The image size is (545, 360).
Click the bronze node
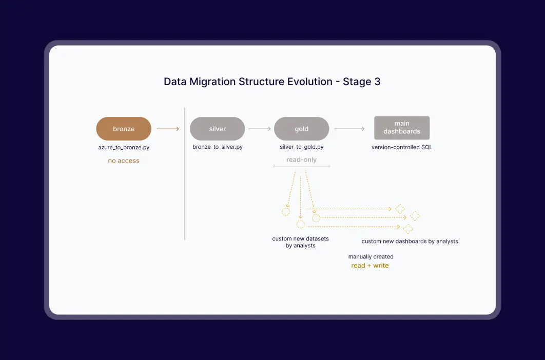[124, 129]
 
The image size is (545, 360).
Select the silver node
[217, 129]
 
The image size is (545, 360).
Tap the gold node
[301, 129]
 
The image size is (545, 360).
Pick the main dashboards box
[402, 128]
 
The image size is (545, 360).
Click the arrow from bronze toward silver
[168, 129]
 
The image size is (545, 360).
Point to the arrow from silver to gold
[260, 129]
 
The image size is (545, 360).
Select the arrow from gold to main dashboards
[349, 129]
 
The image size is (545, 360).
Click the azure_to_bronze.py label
[124, 147]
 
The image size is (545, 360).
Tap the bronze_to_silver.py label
[218, 147]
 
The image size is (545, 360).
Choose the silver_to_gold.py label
[302, 147]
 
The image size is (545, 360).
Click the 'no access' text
[124, 161]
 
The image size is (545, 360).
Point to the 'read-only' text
[302, 159]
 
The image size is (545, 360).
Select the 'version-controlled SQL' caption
[402, 147]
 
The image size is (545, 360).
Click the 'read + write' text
[370, 265]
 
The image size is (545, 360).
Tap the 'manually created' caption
[371, 256]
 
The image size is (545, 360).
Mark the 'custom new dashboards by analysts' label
[410, 241]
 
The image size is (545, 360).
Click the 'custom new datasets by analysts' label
[301, 242]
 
